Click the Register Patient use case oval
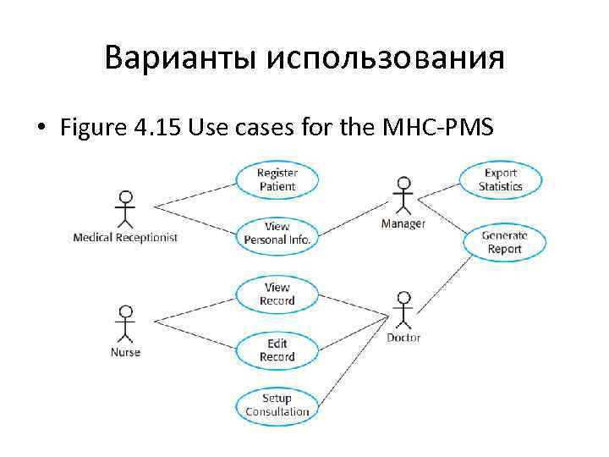pos(277,179)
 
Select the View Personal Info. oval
pos(277,233)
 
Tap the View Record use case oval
pos(277,294)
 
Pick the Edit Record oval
pos(277,350)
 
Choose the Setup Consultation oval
pos(277,405)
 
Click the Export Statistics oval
pos(501,179)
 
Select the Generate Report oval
pos(505,242)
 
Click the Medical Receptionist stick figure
pos(126,210)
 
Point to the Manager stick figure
pos(403,195)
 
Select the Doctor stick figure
pos(403,311)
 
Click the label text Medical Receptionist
pos(125,238)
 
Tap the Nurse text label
pos(125,352)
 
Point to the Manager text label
pos(403,223)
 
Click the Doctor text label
pos(403,338)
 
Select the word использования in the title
pos(386,59)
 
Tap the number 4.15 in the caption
pos(156,129)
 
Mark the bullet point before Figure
pos(40,129)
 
